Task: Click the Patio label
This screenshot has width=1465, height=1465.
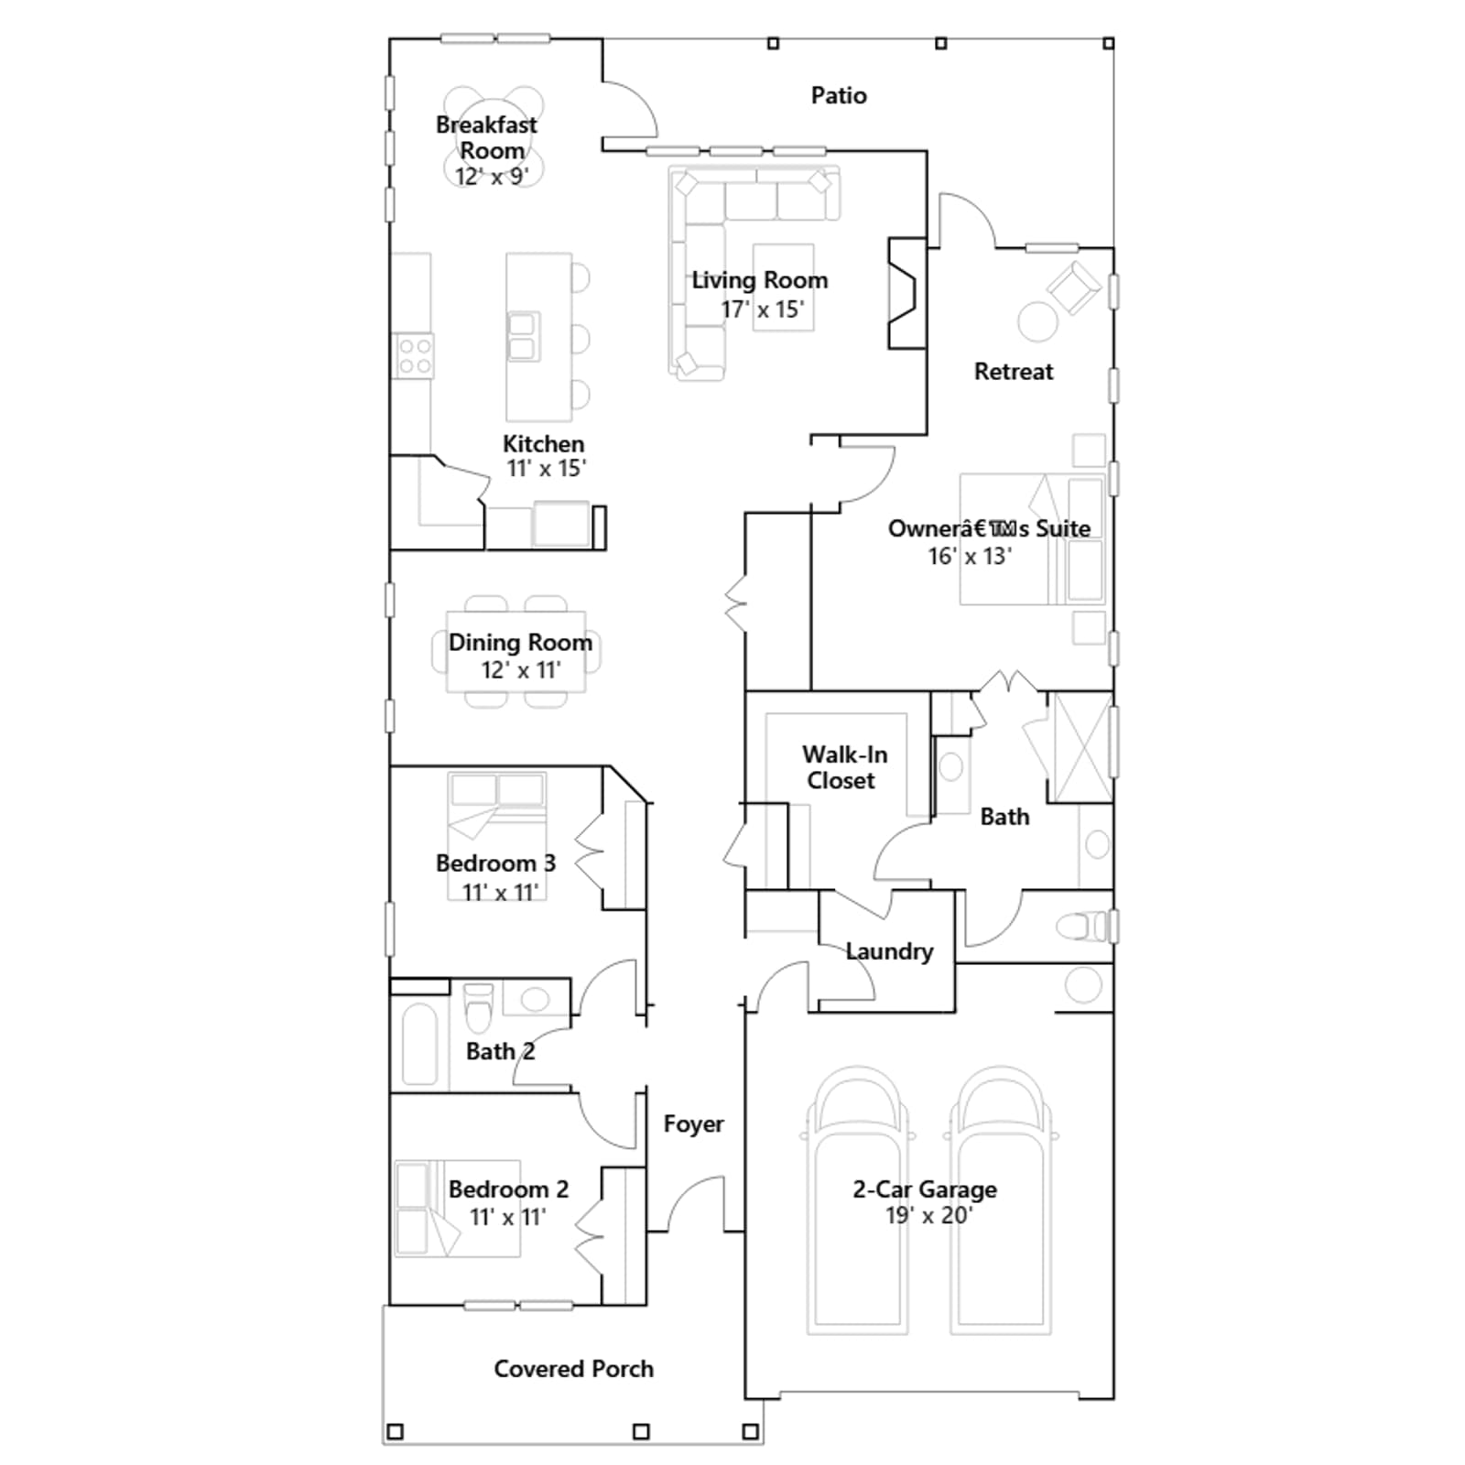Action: coord(839,95)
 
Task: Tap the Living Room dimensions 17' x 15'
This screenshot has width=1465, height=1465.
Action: coord(762,309)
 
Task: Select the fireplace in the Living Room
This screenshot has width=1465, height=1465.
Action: coord(906,293)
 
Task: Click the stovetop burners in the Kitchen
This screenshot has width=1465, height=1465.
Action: coord(414,356)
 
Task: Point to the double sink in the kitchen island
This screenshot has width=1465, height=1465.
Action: coord(522,336)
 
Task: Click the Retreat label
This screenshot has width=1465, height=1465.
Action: coord(1014,372)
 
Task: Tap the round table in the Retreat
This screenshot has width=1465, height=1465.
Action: coord(1038,321)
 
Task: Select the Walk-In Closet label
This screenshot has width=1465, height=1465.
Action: coord(843,767)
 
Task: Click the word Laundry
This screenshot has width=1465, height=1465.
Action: coord(889,951)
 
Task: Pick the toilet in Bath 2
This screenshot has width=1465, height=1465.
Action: coord(478,1007)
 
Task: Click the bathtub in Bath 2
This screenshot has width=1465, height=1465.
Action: coord(419,1045)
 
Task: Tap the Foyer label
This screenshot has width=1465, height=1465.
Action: coord(693,1124)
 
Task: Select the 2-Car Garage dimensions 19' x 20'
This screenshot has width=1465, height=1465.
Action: coord(928,1216)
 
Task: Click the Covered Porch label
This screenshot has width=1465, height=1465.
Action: coord(574,1369)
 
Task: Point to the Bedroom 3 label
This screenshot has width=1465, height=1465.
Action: coord(495,863)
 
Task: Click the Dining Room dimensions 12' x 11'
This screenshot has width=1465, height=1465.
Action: coord(521,670)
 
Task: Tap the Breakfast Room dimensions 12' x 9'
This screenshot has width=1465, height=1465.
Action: coord(492,176)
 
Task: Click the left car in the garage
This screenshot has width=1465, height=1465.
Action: coord(858,1199)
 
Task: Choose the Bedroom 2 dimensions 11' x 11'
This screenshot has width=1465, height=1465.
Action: coord(508,1217)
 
